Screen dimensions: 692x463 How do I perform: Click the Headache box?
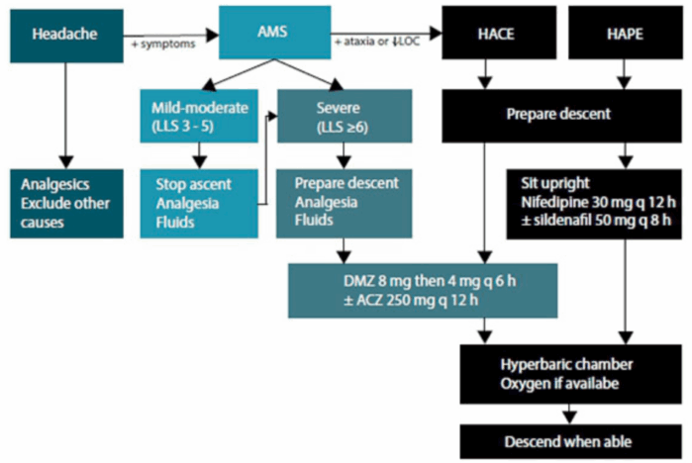pos(66,36)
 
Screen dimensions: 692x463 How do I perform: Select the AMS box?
pos(274,33)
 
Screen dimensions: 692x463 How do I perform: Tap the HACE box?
pos(499,33)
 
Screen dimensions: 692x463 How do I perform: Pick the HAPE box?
pos(626,33)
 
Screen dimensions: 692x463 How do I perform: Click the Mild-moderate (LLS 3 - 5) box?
pos(199,116)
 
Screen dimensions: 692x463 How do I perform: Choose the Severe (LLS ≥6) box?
pos(345,116)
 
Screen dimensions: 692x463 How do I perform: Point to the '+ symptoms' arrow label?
pos(163,45)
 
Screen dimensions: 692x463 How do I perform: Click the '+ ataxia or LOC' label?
pos(377,42)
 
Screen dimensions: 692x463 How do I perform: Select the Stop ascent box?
pos(199,204)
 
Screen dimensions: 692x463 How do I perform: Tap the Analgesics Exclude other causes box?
pos(66,204)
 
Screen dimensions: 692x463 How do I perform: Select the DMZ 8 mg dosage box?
pos(423,291)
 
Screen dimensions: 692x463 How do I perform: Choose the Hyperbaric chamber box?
pos(570,374)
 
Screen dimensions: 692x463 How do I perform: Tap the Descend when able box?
pos(570,441)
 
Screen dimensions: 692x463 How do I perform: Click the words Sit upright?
pos(555,183)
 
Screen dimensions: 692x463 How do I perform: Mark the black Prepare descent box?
pos(561,116)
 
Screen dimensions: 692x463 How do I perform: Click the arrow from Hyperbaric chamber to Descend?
pos(569,415)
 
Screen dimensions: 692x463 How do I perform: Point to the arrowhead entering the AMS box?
pos(213,35)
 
